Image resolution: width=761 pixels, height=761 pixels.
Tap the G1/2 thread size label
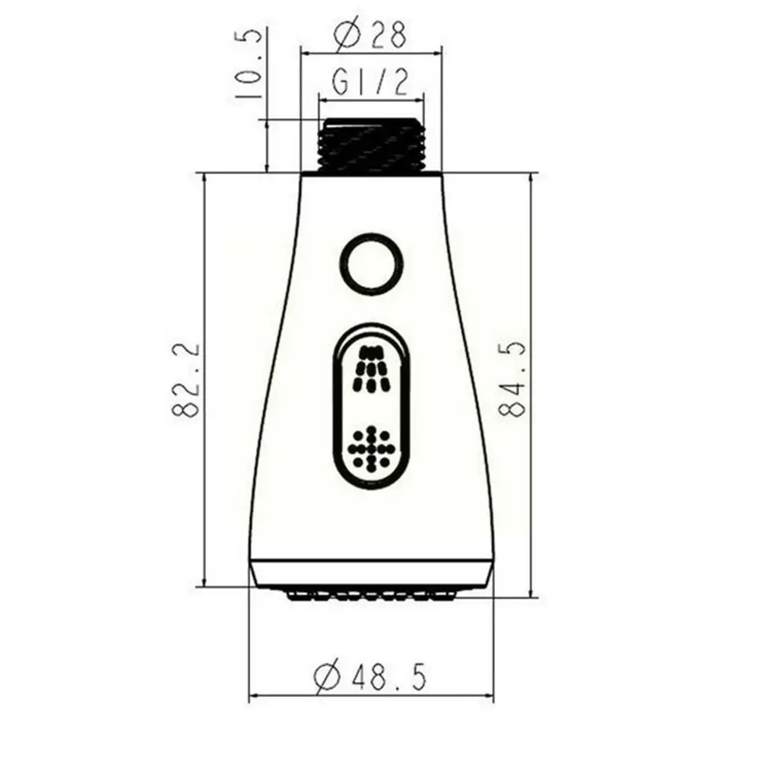[370, 82]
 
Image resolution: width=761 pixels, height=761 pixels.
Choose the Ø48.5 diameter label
[370, 674]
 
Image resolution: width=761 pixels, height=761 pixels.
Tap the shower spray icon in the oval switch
[371, 367]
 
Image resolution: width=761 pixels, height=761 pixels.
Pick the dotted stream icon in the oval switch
[371, 449]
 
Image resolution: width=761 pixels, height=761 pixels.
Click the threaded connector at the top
[370, 145]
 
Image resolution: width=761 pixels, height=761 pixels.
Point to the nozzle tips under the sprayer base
[370, 594]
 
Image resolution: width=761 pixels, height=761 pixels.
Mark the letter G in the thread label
[341, 82]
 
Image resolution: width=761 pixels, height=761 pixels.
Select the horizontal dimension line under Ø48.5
[370, 696]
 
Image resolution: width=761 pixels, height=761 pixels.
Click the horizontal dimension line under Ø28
[370, 52]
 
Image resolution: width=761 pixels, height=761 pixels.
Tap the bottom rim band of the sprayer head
[371, 574]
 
